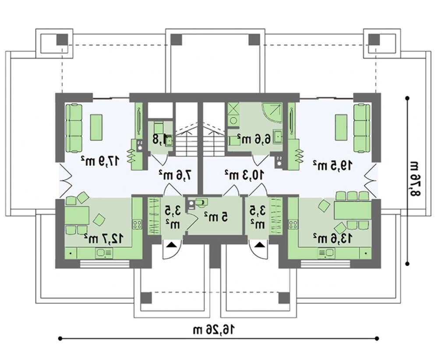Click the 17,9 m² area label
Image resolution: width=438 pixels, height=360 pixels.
[x=100, y=161]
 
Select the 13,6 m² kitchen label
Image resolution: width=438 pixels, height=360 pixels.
[x=330, y=238]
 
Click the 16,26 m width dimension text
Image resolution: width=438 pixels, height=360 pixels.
[x=218, y=329]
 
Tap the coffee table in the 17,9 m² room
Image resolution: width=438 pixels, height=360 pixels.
[x=96, y=127]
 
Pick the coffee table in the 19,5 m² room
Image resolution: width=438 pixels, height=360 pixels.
[x=341, y=127]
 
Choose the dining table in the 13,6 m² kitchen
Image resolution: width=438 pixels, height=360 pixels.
[x=352, y=210]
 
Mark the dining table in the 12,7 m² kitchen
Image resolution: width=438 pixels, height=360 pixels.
[x=77, y=215]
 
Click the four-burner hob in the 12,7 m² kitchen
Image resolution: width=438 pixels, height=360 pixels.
[x=137, y=224]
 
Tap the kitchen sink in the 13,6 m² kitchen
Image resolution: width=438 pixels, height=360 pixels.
[x=326, y=253]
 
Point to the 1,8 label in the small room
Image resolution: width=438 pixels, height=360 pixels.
[x=161, y=139]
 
